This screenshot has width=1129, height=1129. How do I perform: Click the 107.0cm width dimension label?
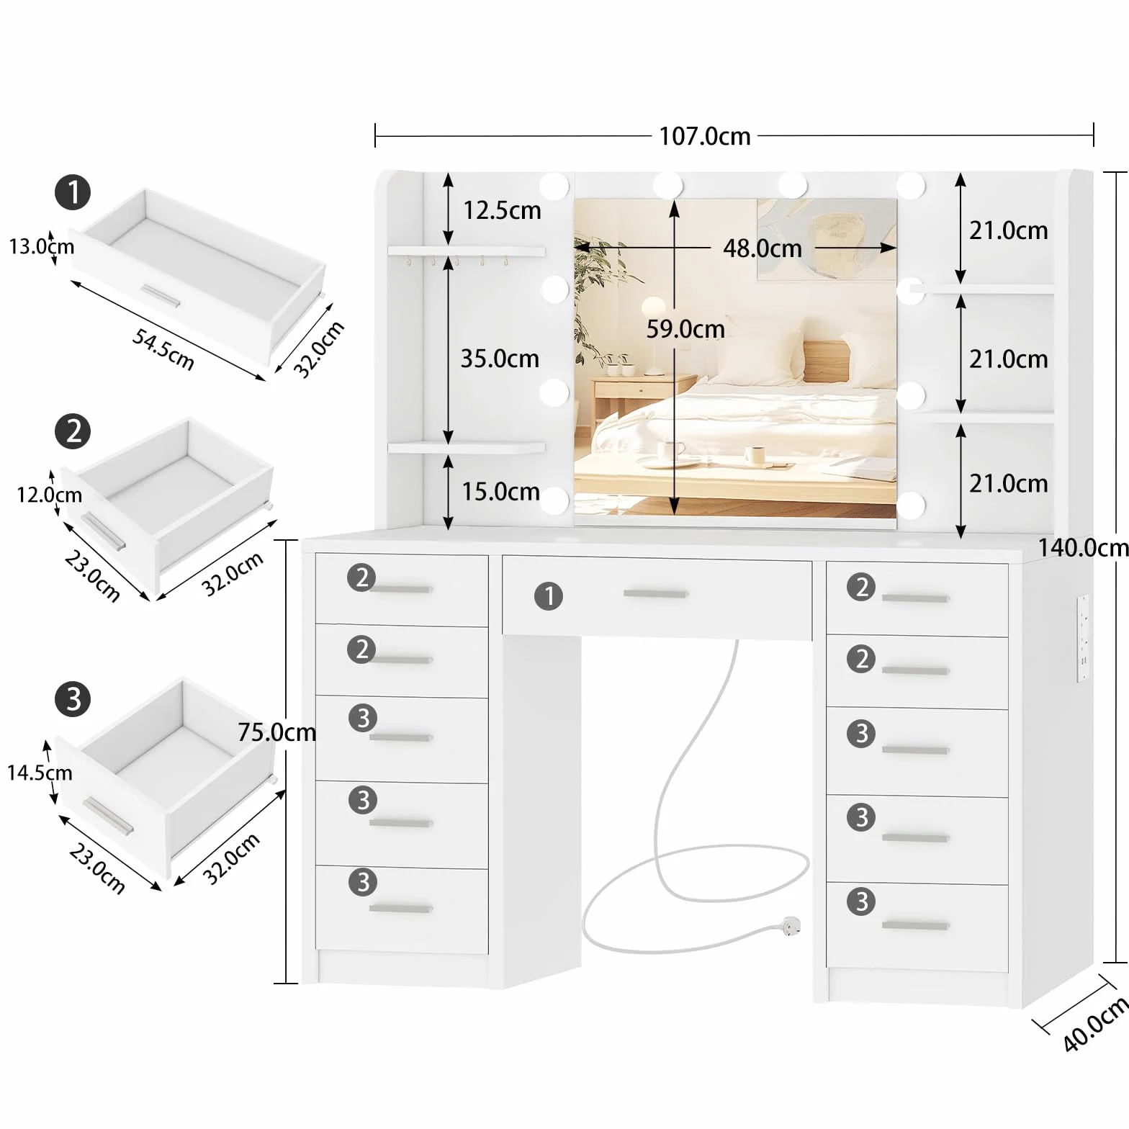point(705,136)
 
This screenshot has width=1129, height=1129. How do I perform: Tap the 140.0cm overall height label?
point(1083,547)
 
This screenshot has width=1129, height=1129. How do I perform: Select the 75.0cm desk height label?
point(277,732)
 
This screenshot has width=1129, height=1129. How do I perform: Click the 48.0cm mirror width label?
point(763,248)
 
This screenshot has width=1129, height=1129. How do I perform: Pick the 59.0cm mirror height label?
point(685,329)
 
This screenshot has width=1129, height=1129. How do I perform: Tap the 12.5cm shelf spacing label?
point(502,210)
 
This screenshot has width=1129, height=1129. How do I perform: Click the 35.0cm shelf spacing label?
point(500,359)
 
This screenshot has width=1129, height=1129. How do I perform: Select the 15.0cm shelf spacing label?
point(500,492)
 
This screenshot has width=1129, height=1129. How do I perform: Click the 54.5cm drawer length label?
point(163,349)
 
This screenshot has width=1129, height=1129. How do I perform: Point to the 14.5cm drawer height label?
point(40,773)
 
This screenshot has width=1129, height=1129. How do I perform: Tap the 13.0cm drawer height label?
point(41,246)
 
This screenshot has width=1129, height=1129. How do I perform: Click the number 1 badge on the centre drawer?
point(549,596)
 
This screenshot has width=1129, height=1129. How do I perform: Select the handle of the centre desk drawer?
point(655,594)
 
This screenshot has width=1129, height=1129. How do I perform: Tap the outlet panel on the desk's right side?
point(1083,638)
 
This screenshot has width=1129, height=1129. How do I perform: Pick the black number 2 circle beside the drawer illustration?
point(73,432)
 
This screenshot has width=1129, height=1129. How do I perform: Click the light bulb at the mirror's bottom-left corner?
point(555,500)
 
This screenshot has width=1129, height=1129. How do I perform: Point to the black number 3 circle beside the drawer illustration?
point(73,699)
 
